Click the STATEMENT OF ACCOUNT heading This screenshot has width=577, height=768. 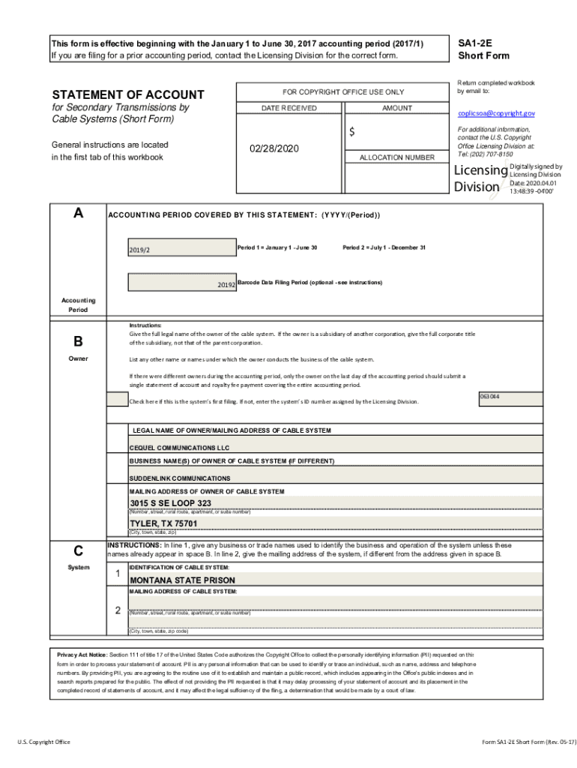[127, 94]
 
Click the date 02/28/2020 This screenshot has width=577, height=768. [274, 149]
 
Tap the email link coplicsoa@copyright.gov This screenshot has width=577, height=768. [496, 113]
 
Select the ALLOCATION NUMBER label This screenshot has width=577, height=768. [396, 157]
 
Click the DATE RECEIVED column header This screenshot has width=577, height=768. [288, 108]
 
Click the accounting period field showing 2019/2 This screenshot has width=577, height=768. [181, 249]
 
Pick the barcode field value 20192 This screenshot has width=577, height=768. [226, 285]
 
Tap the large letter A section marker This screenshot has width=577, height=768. [78, 213]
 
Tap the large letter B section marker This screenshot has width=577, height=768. [78, 341]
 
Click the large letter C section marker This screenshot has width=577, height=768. [78, 550]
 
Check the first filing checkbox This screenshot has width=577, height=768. [117, 399]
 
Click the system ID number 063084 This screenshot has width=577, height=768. [489, 396]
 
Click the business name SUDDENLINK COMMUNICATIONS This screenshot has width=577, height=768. [180, 478]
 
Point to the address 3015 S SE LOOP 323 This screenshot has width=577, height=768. [170, 503]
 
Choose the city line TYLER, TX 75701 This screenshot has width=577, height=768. [163, 523]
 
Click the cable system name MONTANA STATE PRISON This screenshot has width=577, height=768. [182, 580]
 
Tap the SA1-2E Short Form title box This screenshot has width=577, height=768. [483, 49]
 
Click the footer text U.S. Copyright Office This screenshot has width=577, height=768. [44, 742]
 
